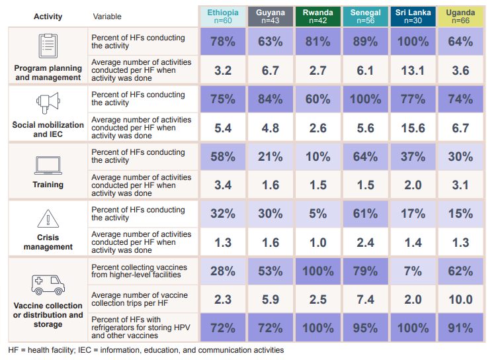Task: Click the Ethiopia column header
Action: (x=223, y=16)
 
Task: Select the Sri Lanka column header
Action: (x=413, y=16)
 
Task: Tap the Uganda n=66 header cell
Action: (x=460, y=16)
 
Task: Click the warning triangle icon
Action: (x=48, y=218)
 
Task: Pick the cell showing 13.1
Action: (x=413, y=70)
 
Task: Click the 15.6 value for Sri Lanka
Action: (x=413, y=128)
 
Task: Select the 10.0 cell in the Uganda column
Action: (x=460, y=300)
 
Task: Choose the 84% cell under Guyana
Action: (x=271, y=99)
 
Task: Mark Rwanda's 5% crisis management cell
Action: (x=318, y=214)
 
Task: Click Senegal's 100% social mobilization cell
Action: (x=365, y=99)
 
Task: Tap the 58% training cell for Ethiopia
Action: (x=223, y=157)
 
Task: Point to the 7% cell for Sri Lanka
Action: (x=413, y=271)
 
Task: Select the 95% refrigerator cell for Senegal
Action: (x=365, y=328)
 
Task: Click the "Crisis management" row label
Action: (x=48, y=242)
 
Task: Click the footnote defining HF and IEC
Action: (x=146, y=350)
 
